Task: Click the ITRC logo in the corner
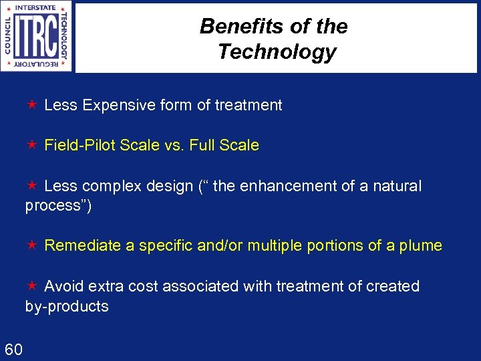coord(37,36)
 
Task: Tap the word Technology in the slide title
coord(277,51)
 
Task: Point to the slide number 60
coord(14,349)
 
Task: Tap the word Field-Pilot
coord(80,145)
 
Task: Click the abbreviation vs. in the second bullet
coord(175,145)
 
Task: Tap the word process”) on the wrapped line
coord(58,206)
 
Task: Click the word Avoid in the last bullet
coord(63,286)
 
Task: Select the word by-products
coord(67,307)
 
